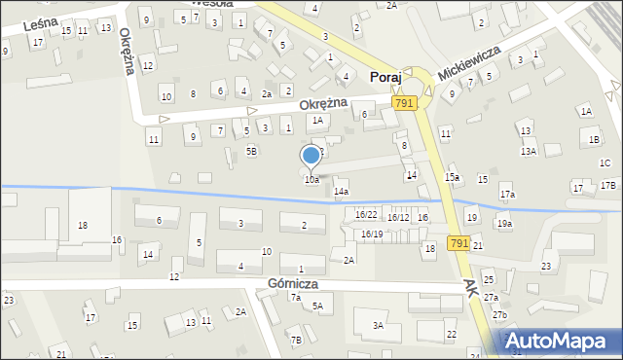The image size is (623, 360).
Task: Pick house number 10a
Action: (311, 180)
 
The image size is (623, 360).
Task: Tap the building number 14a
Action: (341, 192)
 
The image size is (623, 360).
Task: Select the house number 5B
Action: (251, 151)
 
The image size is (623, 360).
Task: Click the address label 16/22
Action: (366, 215)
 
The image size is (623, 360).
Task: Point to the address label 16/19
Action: (371, 234)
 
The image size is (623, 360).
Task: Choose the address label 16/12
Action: (398, 217)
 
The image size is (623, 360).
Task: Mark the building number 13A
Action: (529, 151)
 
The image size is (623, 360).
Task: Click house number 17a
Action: (507, 195)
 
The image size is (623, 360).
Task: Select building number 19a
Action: (504, 224)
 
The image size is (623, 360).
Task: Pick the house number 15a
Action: (452, 177)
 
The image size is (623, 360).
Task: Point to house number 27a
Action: (492, 297)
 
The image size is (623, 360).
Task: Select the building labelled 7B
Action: (296, 340)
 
